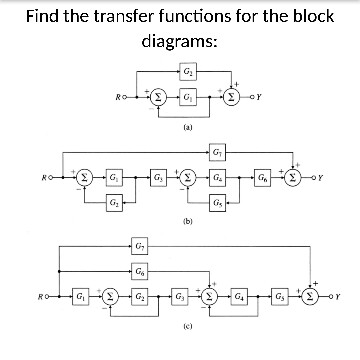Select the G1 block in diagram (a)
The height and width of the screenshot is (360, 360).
[189, 98]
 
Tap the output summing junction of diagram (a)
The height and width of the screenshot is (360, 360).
[231, 98]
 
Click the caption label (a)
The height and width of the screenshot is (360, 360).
[187, 128]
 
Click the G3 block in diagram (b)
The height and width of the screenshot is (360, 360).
[159, 179]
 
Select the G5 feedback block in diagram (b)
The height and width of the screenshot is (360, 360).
[219, 206]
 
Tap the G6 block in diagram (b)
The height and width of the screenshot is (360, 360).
[264, 179]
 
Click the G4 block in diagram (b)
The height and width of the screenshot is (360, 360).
[219, 179]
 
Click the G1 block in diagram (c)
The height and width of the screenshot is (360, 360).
[81, 298]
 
